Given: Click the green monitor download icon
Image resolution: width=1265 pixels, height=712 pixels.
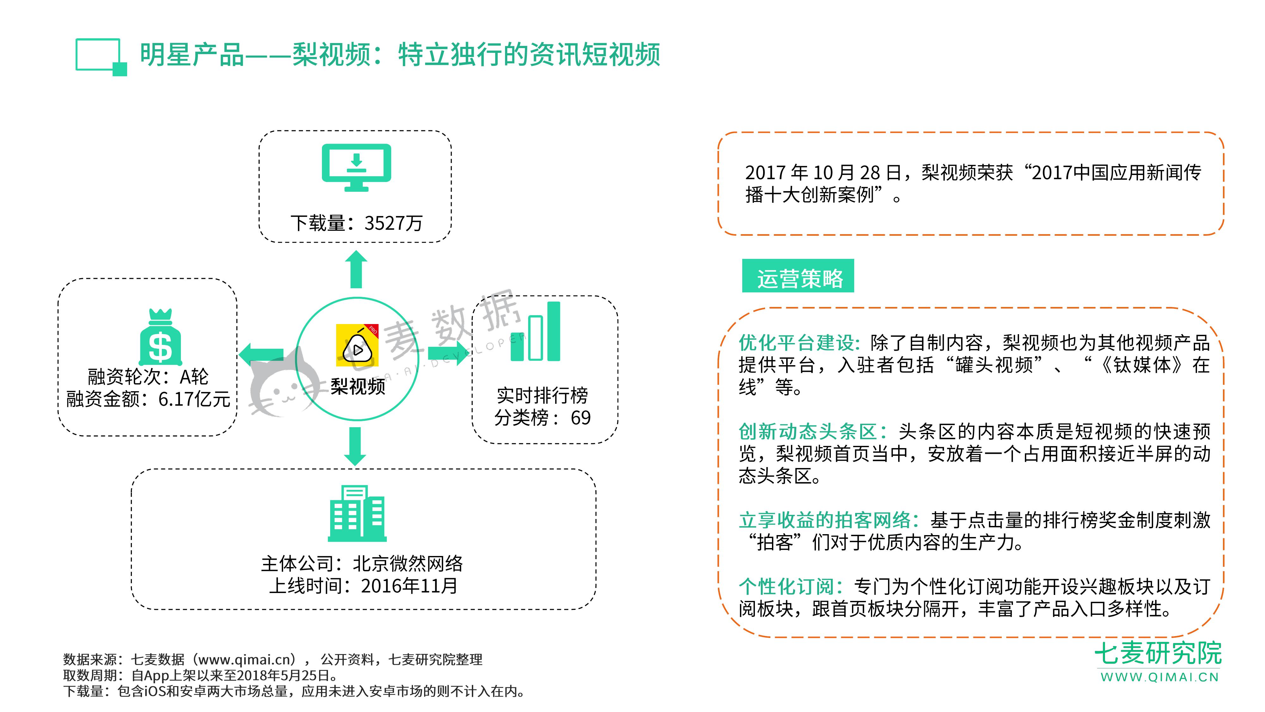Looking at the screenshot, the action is (x=356, y=167).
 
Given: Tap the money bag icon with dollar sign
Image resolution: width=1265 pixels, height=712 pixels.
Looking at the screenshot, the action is (x=161, y=338).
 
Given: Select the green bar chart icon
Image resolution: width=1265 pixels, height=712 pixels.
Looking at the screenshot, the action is (x=535, y=332).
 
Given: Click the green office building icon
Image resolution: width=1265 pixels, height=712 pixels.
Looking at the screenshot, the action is (x=357, y=514).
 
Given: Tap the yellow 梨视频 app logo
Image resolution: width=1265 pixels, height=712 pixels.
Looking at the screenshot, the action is (x=357, y=345).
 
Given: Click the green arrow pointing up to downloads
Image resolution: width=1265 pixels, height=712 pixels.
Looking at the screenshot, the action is (x=356, y=269).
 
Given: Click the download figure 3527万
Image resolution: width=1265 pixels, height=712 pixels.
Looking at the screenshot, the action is (x=393, y=223).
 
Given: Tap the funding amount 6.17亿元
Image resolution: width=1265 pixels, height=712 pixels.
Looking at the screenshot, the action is (x=194, y=399).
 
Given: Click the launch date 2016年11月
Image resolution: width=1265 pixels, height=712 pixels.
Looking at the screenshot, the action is (x=409, y=586).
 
